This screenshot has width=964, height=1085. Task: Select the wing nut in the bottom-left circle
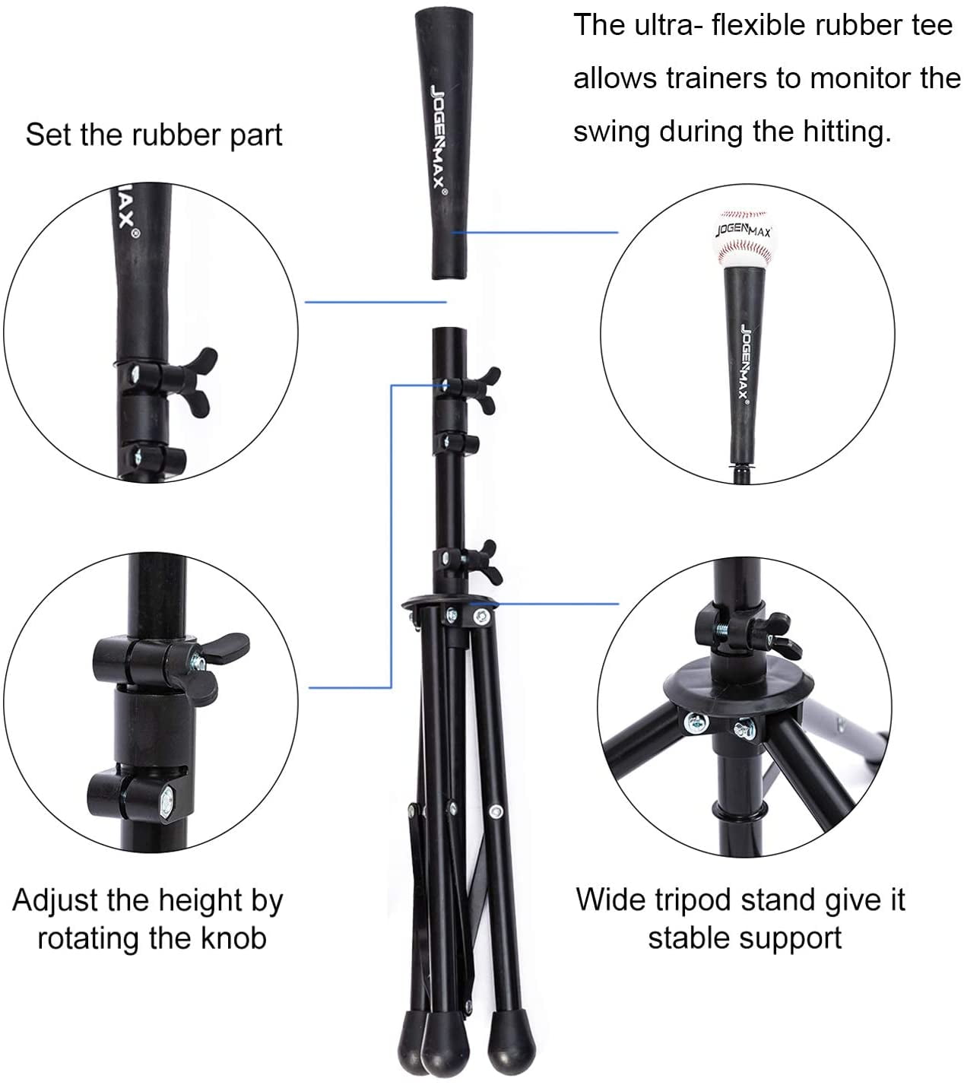tap(214, 668)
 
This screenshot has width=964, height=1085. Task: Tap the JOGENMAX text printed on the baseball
tap(744, 230)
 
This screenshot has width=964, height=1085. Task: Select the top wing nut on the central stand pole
tap(484, 389)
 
